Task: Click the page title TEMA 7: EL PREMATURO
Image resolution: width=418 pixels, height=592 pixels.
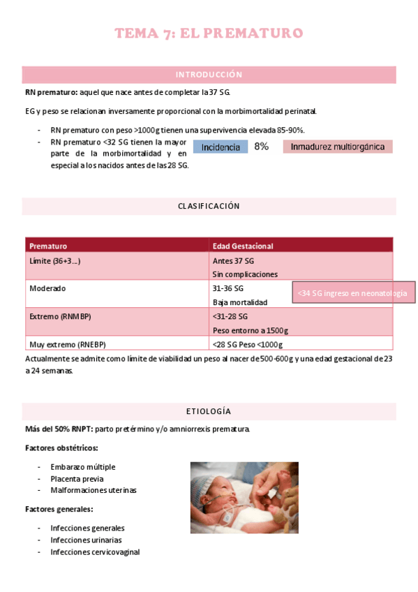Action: pyautogui.click(x=209, y=34)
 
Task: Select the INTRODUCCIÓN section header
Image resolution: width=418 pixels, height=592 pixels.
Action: pyautogui.click(x=209, y=75)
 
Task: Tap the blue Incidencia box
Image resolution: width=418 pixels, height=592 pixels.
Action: pyautogui.click(x=221, y=147)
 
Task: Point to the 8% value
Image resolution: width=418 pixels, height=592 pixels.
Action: pyautogui.click(x=262, y=147)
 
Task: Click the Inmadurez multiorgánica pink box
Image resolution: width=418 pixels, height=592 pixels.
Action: pyautogui.click(x=338, y=147)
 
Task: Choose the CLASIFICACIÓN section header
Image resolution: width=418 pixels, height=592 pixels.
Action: pyautogui.click(x=209, y=207)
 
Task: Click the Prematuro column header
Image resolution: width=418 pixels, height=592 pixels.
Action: pyautogui.click(x=48, y=246)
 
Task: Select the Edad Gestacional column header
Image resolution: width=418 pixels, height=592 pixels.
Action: pyautogui.click(x=243, y=246)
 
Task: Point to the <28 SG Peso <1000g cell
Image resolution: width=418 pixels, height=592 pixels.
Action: pyautogui.click(x=247, y=344)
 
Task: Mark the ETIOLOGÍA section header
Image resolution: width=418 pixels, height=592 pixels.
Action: pyautogui.click(x=209, y=411)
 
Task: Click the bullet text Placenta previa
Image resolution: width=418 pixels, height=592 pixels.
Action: pyautogui.click(x=77, y=479)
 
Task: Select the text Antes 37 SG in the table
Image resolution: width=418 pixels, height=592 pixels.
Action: pyautogui.click(x=232, y=260)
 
